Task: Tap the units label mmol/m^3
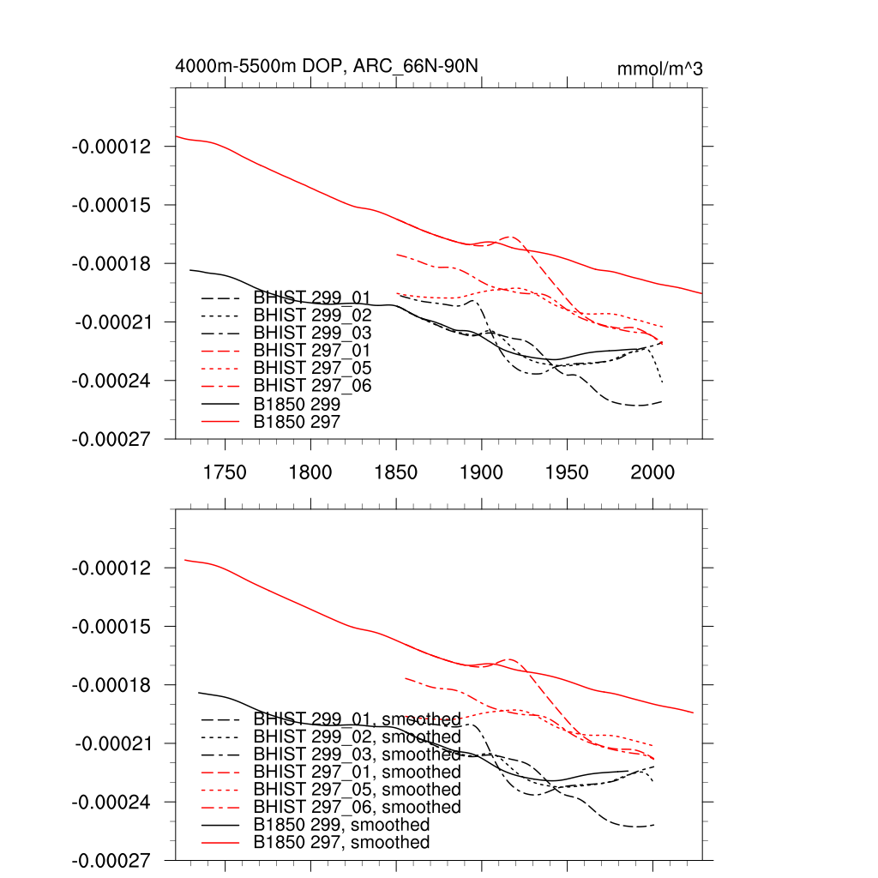coord(659,69)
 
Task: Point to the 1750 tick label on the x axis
coord(225,472)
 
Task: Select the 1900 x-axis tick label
coord(482,472)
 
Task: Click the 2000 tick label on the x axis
coord(653,472)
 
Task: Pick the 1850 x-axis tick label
coord(396,472)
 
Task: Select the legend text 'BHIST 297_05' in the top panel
coord(312,368)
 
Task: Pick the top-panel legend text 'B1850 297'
coord(298,421)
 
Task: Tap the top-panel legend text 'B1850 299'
coord(298,404)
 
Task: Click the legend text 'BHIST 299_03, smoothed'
coord(358,755)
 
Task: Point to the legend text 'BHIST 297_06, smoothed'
coord(358,807)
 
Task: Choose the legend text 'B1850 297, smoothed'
coord(342,843)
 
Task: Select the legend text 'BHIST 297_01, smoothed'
coord(358,772)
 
